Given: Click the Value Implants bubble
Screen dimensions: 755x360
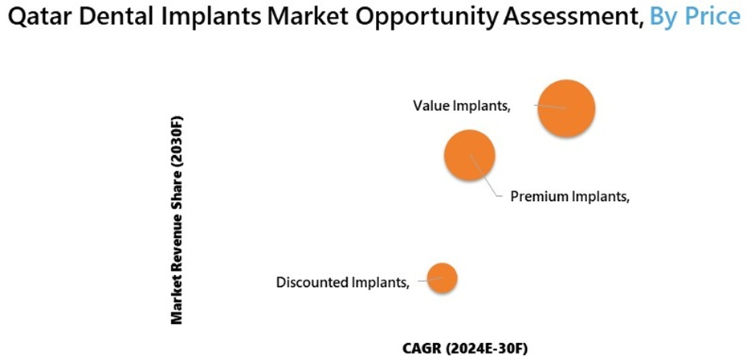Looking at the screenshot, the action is (x=566, y=108).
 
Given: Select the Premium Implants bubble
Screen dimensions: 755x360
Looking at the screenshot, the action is (x=470, y=155).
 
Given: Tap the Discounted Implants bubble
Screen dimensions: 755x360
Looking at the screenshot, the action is (x=442, y=277).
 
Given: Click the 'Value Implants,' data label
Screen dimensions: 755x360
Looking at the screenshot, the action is (x=462, y=106).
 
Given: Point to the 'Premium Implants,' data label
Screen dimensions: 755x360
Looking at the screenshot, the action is (x=570, y=196).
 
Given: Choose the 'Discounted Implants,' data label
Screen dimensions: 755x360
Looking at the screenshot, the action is (x=343, y=282).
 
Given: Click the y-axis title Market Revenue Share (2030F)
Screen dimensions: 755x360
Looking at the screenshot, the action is (x=177, y=219).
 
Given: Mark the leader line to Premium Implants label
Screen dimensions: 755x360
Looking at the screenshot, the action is (x=484, y=175).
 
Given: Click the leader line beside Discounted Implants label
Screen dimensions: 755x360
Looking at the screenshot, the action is (x=430, y=279).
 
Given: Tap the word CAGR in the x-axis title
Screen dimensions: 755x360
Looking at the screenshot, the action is (x=418, y=348).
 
